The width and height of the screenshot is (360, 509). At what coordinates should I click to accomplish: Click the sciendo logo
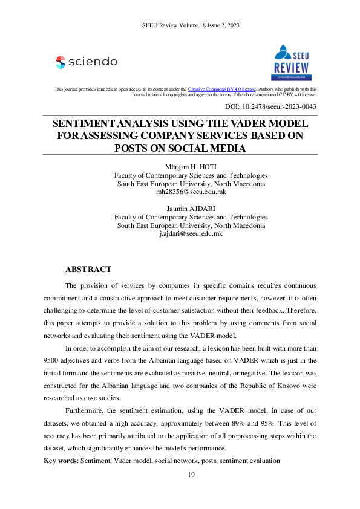87,62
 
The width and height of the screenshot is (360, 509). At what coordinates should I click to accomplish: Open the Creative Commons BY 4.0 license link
222,89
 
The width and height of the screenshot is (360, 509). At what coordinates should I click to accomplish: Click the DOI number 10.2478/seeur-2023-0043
280,106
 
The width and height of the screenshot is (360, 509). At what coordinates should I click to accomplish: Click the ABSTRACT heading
88,269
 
